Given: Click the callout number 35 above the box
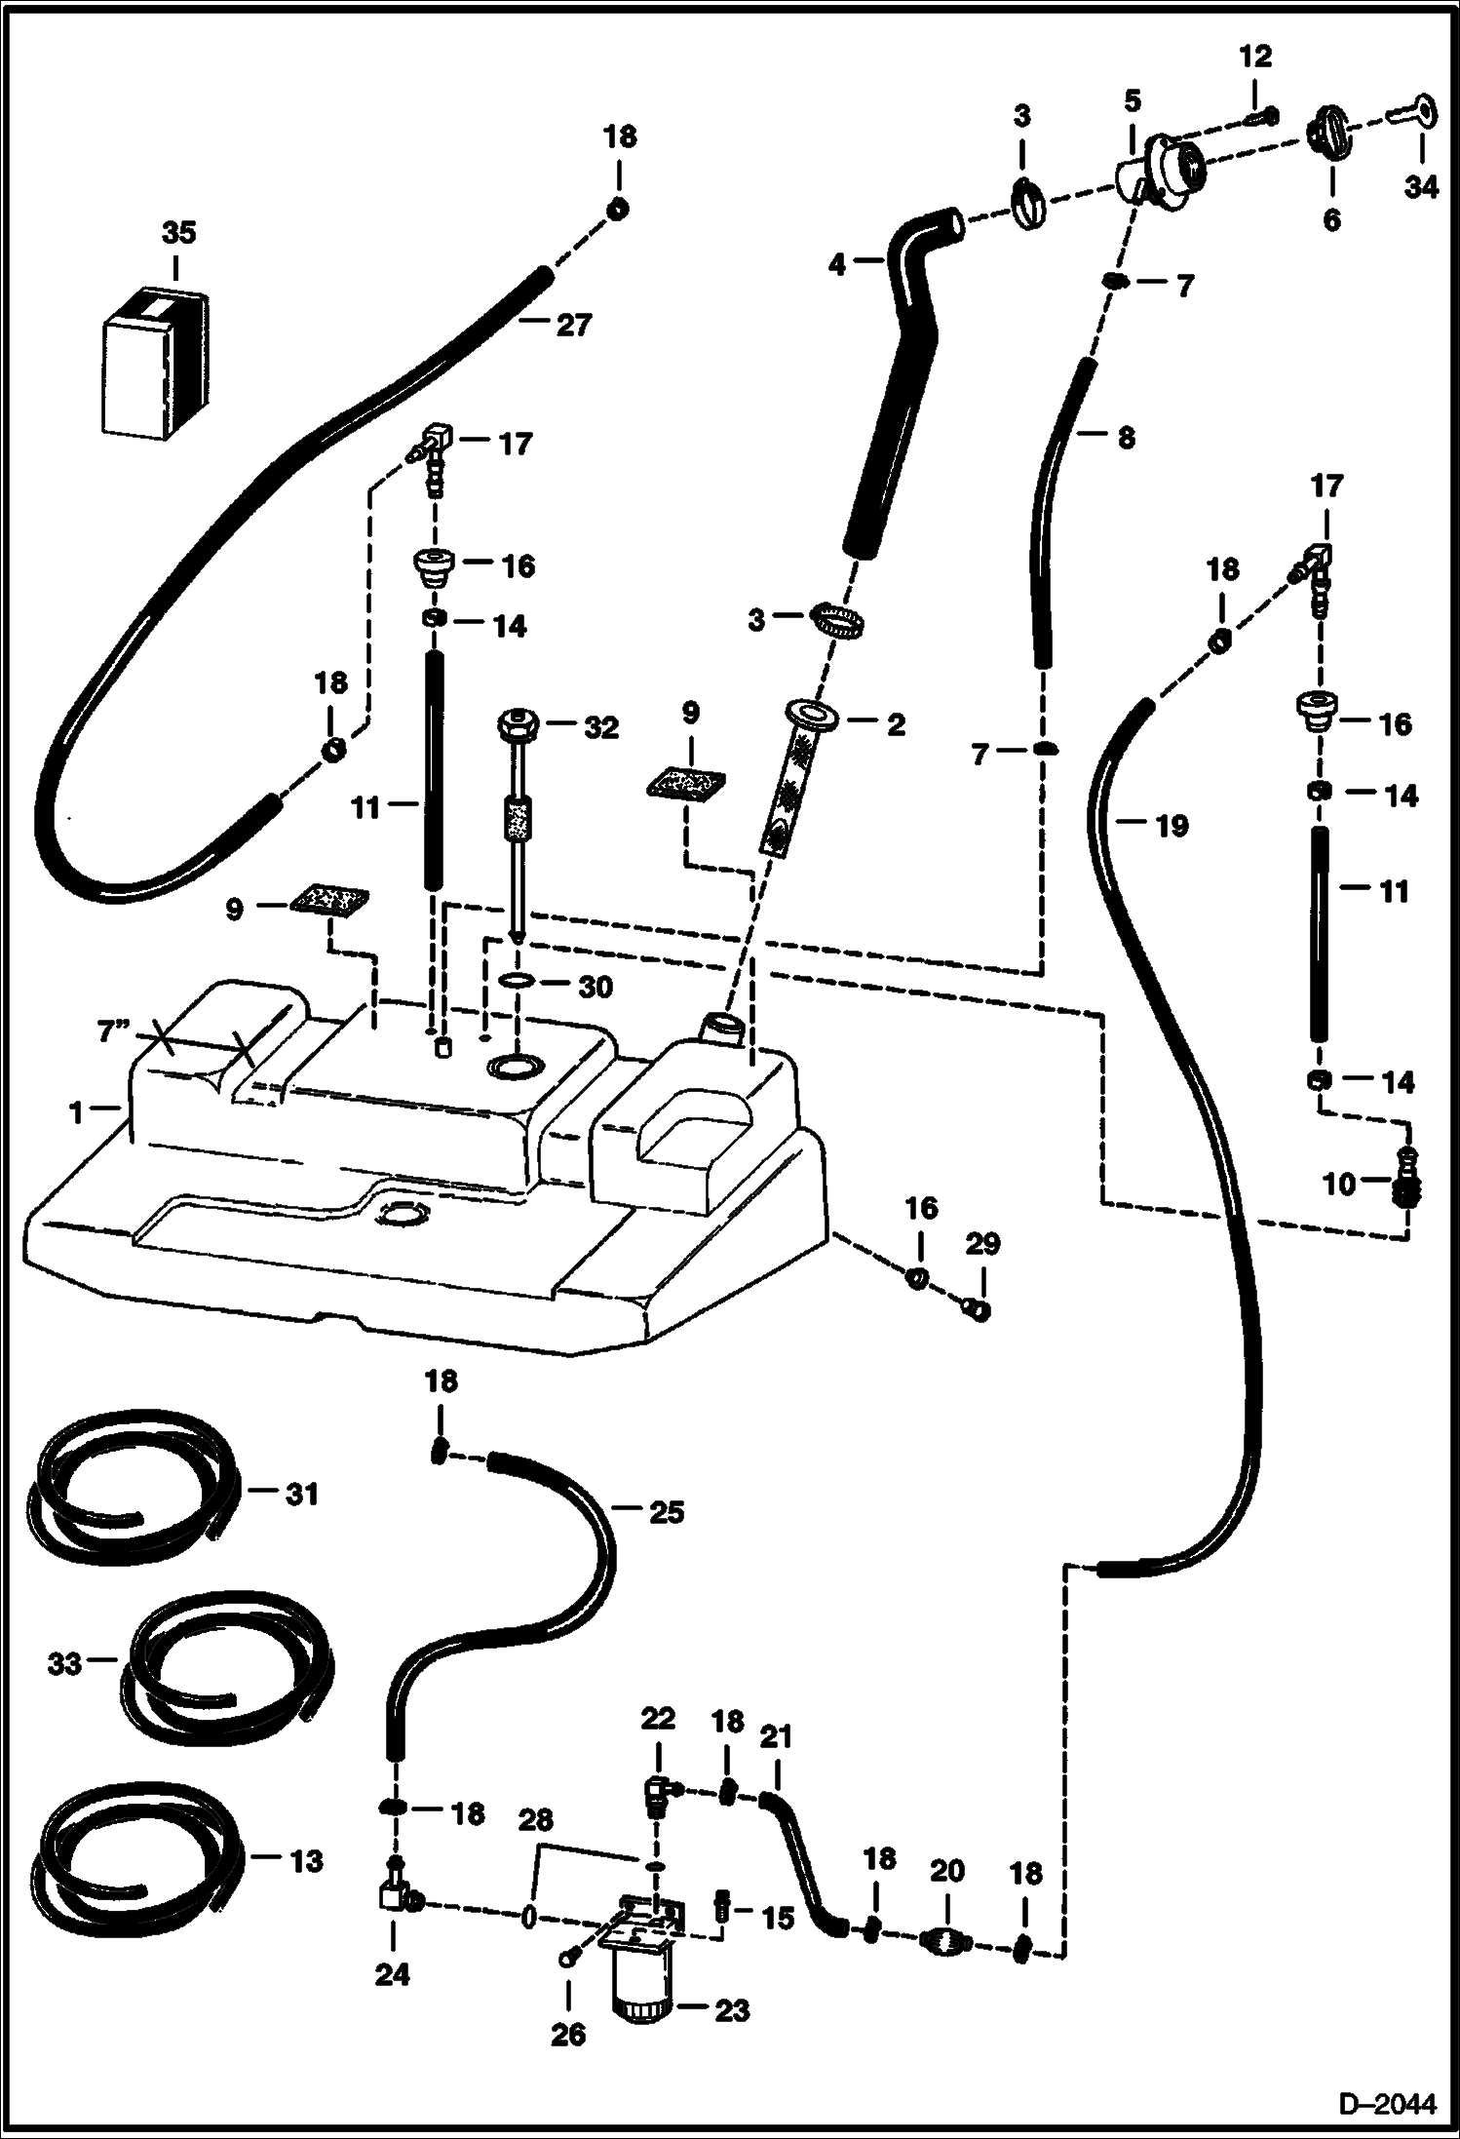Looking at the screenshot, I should click(x=178, y=233).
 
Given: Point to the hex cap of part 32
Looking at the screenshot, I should click(x=517, y=727).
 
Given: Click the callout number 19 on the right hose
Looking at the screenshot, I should click(x=1172, y=826).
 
